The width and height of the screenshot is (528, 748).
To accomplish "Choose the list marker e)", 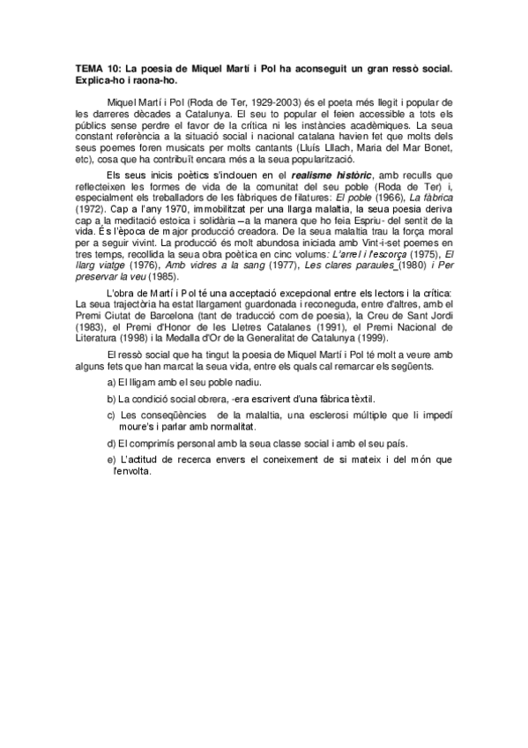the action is (x=111, y=460).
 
